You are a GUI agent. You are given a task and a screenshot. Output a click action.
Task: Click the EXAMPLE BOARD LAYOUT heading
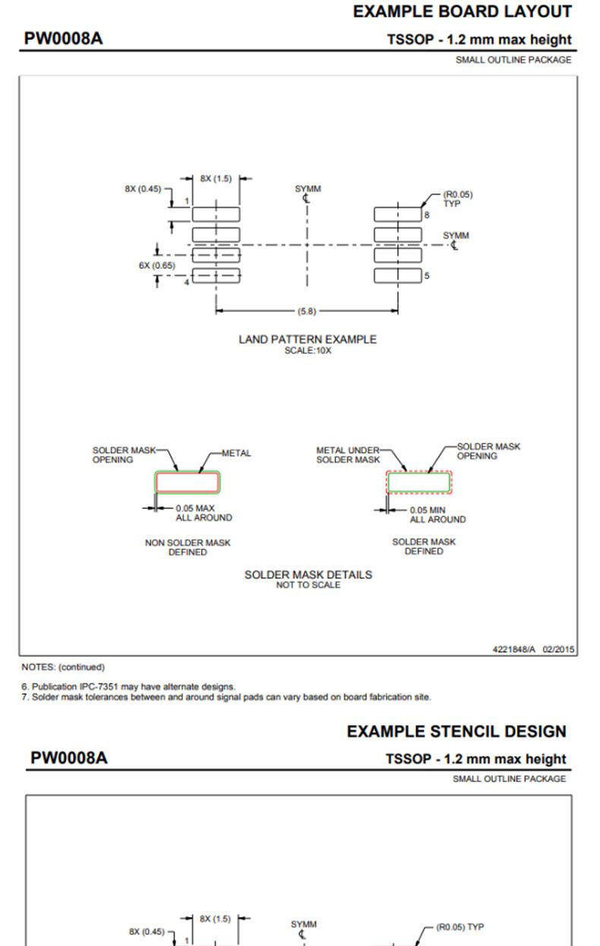463,12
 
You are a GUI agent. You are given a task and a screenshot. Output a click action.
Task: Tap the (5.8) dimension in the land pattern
307,311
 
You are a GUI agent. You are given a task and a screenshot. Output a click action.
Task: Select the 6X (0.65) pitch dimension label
156,265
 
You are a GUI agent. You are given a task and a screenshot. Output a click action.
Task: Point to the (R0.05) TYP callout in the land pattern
458,199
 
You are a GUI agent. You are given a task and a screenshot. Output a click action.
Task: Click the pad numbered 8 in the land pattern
398,214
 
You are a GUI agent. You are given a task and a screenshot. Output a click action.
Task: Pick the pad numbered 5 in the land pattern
398,276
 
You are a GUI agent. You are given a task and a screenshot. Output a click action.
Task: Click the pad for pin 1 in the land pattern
216,214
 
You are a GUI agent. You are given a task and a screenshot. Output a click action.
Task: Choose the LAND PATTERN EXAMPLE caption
308,339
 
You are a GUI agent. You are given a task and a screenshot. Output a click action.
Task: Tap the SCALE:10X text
308,351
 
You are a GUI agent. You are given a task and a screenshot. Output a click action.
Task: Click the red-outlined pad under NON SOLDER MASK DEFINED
188,482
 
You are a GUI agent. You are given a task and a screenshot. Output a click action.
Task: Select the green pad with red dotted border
418,482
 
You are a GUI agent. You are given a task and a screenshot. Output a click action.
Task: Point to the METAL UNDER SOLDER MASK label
348,455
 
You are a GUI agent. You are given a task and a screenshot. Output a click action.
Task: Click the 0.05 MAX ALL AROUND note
204,512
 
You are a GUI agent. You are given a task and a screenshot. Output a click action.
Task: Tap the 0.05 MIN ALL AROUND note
437,515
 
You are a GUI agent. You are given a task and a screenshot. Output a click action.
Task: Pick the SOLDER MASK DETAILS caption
308,575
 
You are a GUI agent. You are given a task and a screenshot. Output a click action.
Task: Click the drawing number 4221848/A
514,649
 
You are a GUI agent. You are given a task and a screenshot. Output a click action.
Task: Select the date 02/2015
558,649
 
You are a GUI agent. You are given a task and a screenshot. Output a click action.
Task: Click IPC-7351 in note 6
99,686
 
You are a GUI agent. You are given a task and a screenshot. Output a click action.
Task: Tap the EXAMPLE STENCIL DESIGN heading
456,731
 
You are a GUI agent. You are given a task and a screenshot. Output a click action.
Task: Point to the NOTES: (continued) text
63,667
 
